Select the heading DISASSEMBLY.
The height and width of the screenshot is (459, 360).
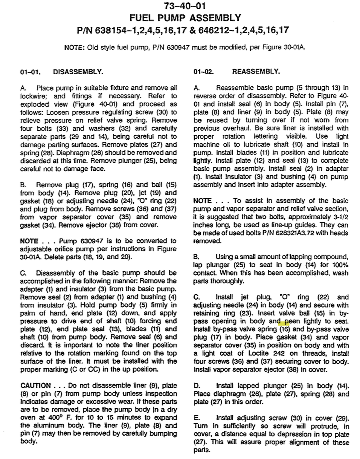(78, 72)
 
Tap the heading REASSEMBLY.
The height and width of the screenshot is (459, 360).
(256, 71)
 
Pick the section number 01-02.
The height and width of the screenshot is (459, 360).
(204, 71)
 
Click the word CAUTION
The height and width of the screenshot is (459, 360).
(36, 386)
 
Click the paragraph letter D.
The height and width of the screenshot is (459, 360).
(197, 386)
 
